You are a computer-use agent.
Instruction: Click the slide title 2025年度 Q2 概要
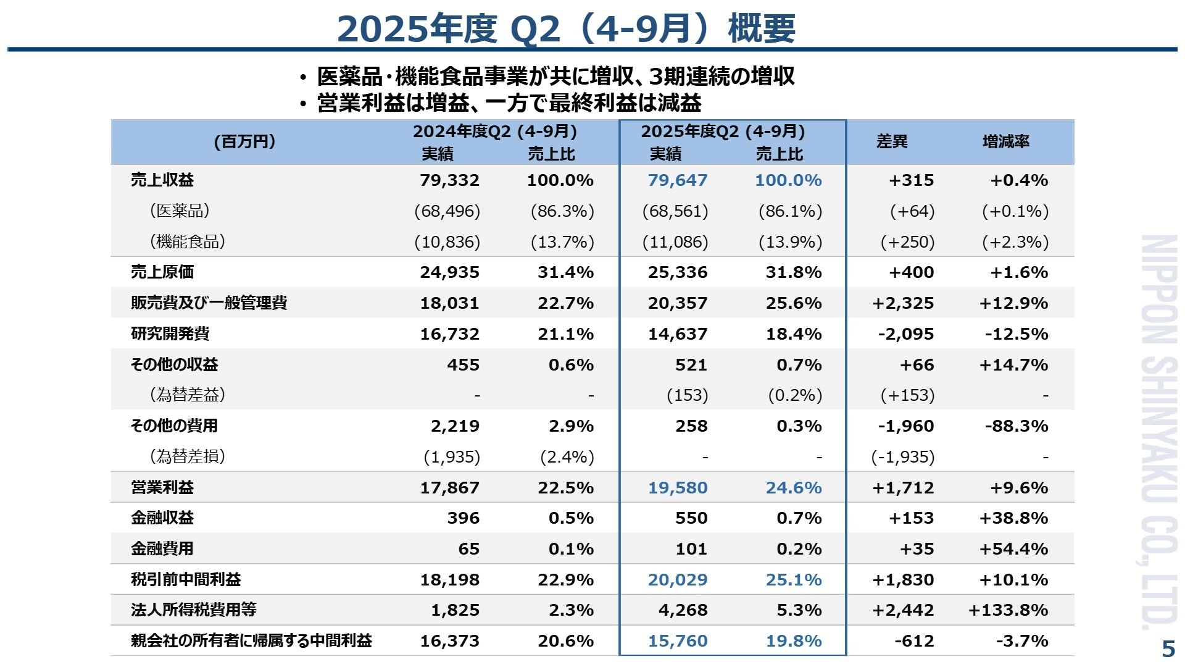566,28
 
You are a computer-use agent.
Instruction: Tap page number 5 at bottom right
1168,649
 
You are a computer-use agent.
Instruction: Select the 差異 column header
892,141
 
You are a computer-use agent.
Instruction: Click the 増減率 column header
1006,141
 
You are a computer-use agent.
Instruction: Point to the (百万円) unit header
244,141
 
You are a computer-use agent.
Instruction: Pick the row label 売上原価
162,272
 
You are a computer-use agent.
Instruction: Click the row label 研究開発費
170,333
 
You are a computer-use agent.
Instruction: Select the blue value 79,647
677,180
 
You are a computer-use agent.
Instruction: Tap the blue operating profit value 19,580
677,487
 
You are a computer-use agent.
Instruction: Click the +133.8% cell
1008,610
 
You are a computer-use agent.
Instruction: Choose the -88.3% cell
1017,426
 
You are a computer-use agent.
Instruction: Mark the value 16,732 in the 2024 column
449,334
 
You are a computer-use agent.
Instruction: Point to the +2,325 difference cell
903,303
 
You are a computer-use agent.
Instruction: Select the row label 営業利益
162,487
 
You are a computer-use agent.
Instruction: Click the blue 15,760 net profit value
677,641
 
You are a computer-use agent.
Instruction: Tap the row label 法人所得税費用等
194,610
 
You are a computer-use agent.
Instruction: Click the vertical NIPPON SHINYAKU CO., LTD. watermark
1158,432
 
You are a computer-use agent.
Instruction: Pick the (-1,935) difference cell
903,457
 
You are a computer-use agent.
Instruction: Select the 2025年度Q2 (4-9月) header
723,132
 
